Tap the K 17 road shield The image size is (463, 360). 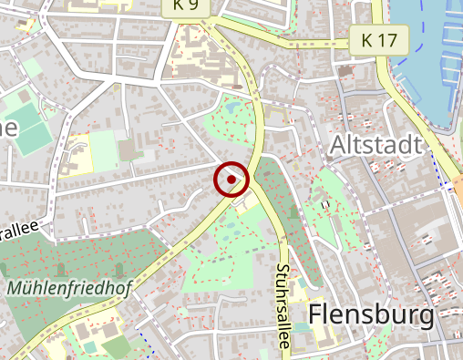click(379, 40)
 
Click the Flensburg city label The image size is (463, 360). click(371, 314)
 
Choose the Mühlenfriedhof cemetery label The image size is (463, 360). click(67, 289)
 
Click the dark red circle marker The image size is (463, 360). click(232, 180)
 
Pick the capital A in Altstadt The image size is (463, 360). click(338, 145)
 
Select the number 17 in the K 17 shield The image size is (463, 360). click(389, 40)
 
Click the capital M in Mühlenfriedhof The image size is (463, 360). click(15, 289)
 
